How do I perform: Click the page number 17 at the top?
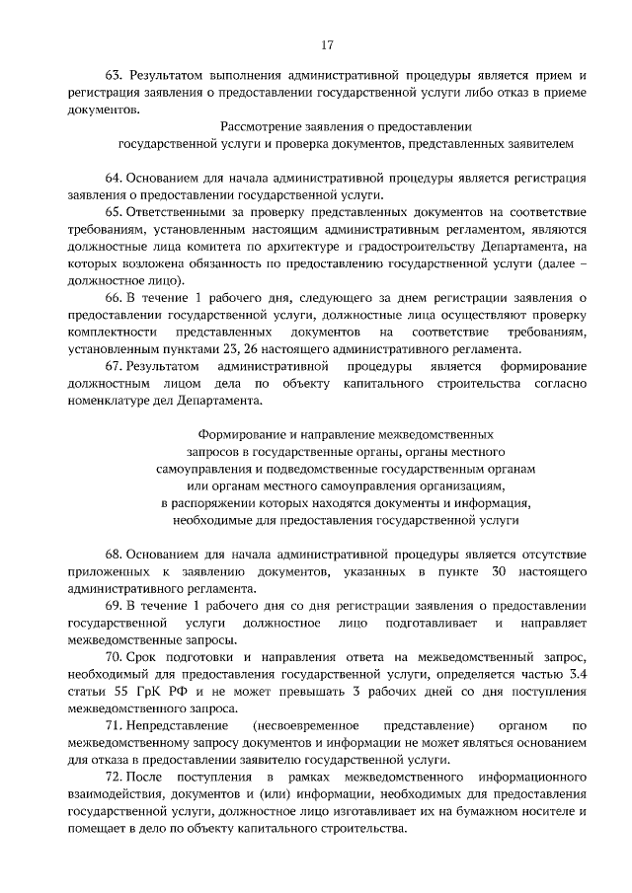(327, 44)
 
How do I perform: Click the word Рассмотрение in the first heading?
(265, 127)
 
